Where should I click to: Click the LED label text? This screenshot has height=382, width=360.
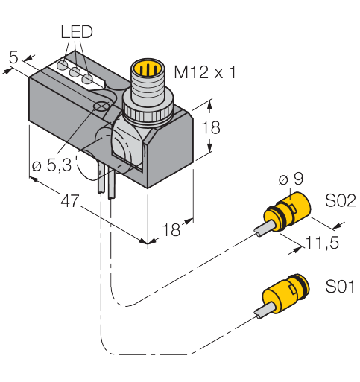point(77,32)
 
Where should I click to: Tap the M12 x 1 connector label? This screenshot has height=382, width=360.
point(205,72)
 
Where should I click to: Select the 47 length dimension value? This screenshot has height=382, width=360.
point(70,200)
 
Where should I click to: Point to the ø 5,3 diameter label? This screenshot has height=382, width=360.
point(52,165)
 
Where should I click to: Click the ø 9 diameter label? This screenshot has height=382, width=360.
point(291,179)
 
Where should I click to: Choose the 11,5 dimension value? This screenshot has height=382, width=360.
point(323,242)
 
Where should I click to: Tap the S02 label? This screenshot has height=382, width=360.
point(341,200)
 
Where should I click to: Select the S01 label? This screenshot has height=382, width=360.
point(340,286)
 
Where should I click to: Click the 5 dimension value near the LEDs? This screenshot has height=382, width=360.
point(13,57)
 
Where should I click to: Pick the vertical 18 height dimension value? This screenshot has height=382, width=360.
point(211,127)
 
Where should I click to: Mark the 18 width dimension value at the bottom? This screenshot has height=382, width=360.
point(171,229)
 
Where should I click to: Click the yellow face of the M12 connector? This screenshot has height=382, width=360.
point(147,67)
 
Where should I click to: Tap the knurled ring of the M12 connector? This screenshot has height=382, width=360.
point(148,113)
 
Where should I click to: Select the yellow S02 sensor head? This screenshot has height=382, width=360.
point(287,212)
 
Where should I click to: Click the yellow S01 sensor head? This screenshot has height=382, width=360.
point(285,294)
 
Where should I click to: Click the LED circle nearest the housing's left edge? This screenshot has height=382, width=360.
point(62,66)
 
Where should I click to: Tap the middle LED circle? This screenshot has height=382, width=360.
point(75,72)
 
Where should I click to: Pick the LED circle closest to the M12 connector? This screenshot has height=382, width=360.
point(87,79)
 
